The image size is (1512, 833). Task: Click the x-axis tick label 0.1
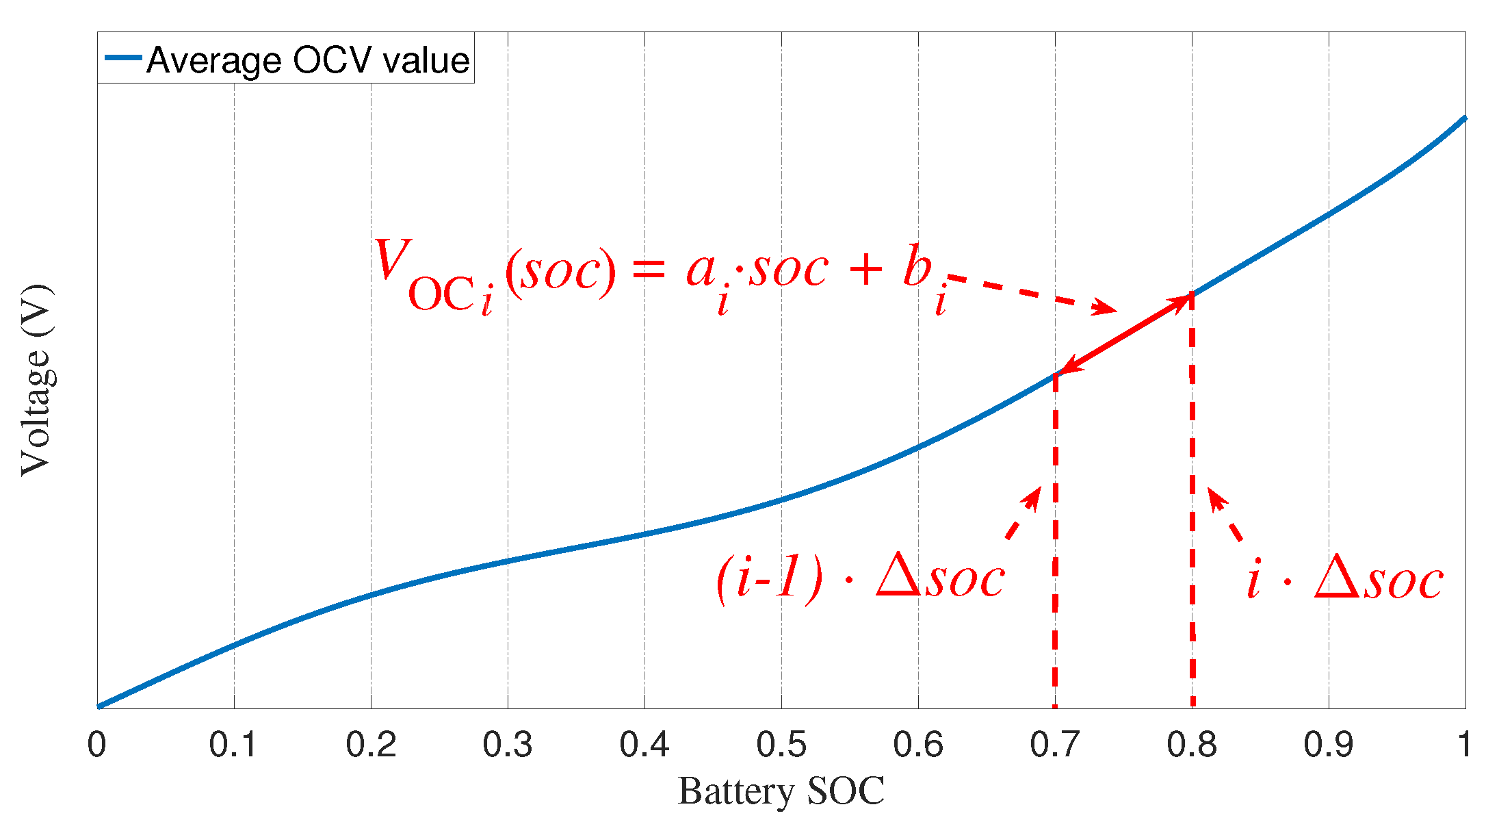click(x=233, y=745)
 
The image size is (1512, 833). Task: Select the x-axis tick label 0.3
click(x=507, y=745)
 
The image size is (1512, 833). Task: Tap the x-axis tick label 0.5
click(x=781, y=745)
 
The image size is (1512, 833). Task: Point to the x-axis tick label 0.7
click(x=1054, y=745)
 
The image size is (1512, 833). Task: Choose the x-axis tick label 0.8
click(x=1191, y=745)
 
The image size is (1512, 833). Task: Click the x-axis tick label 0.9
click(x=1328, y=745)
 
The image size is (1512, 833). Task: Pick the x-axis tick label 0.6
click(x=917, y=745)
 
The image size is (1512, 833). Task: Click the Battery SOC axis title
click(x=781, y=792)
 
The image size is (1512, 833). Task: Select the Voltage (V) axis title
click(x=36, y=380)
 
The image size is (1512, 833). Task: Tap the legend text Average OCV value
click(x=308, y=60)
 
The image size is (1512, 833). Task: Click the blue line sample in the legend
click(x=123, y=58)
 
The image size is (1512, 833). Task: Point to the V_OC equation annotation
click(x=657, y=274)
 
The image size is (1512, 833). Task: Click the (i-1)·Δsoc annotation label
click(x=860, y=579)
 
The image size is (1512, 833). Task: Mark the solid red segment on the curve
click(x=1124, y=334)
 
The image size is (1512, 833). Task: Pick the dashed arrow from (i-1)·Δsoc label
click(x=1024, y=513)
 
